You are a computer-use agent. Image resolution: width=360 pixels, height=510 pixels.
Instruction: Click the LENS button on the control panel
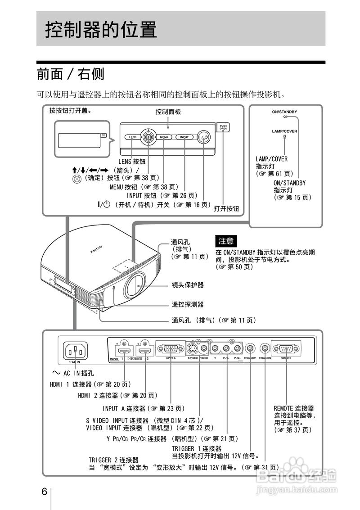(132, 136)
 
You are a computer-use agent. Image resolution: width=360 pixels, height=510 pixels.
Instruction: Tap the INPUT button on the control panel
(184, 136)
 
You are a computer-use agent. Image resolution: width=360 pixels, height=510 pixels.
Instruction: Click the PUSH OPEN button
(223, 128)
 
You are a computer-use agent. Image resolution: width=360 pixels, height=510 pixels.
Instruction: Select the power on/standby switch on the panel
(203, 137)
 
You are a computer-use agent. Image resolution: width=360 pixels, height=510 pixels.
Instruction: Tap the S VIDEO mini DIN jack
(192, 348)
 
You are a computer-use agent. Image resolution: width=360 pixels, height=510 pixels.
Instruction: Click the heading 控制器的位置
(101, 30)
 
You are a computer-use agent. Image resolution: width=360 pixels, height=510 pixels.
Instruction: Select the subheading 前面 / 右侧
(71, 73)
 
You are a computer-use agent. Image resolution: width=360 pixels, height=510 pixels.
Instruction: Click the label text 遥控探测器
(188, 304)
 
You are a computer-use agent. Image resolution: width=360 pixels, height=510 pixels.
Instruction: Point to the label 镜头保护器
(188, 285)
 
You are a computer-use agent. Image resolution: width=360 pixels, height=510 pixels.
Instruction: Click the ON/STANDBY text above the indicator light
(284, 111)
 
